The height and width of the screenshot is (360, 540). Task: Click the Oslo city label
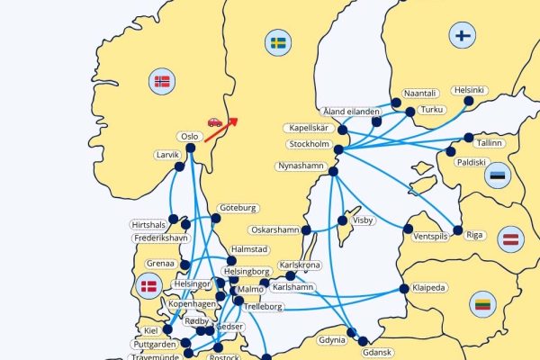tap(189, 137)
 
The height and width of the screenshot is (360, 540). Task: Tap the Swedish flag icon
tap(278, 41)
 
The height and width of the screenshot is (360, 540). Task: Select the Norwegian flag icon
tap(162, 82)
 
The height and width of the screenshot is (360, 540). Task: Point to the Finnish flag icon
tap(463, 36)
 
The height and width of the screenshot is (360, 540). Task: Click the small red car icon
tap(214, 121)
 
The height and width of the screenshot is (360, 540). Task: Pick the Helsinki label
tap(470, 90)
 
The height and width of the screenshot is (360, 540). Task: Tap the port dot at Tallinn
tap(468, 138)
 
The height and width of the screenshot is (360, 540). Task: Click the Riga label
tap(475, 235)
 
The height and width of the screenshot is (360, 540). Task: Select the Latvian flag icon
tap(512, 239)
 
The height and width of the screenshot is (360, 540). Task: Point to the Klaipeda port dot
tap(404, 289)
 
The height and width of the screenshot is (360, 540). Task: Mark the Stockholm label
tap(308, 144)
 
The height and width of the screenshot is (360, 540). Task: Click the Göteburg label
tap(238, 208)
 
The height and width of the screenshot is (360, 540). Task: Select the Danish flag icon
tap(148, 287)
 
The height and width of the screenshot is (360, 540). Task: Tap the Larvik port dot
tap(179, 166)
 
